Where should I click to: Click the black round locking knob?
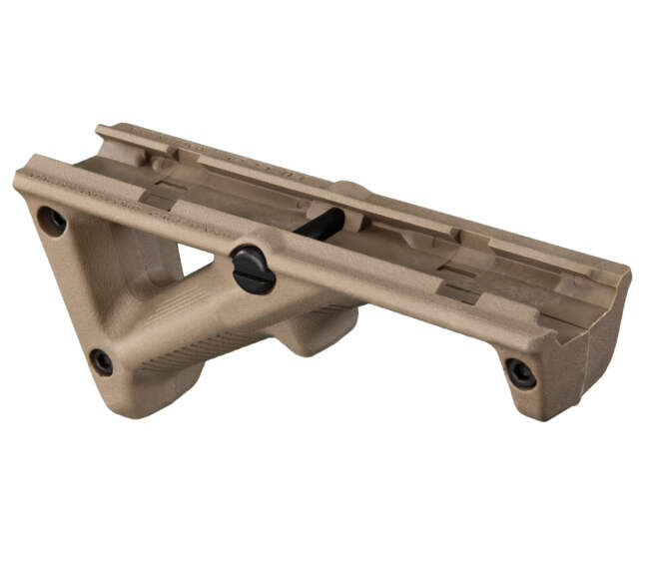tap(254, 269)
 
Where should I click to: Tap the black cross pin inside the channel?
tap(321, 225)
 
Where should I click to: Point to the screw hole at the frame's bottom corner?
tap(101, 361)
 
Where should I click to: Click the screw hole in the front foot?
tap(520, 372)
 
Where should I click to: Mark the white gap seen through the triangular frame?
tap(196, 259)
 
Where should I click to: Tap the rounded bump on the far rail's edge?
tap(350, 187)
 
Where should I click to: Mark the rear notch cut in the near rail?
tap(158, 199)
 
